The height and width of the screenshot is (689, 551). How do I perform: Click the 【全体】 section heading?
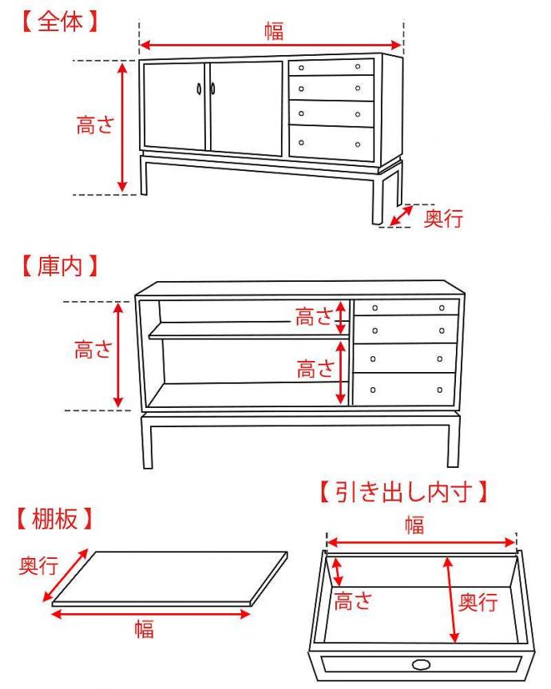[60, 22]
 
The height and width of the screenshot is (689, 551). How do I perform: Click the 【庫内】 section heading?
[60, 264]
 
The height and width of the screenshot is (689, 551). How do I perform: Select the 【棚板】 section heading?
[54, 520]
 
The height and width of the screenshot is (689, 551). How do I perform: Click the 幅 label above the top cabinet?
[273, 31]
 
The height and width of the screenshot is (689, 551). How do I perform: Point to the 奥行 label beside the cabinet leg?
[442, 218]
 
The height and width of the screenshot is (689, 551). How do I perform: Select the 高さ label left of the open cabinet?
[93, 350]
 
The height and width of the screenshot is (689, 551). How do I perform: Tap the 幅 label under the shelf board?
[144, 629]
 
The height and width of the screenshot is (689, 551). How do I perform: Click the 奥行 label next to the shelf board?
[38, 566]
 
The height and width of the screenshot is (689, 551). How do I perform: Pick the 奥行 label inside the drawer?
[478, 601]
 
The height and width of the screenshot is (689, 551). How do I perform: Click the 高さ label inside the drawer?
[354, 600]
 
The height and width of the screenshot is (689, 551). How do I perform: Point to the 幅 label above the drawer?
[414, 525]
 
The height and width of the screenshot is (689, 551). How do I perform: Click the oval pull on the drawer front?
[421, 663]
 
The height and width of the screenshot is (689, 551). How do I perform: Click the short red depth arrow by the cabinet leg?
[402, 215]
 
